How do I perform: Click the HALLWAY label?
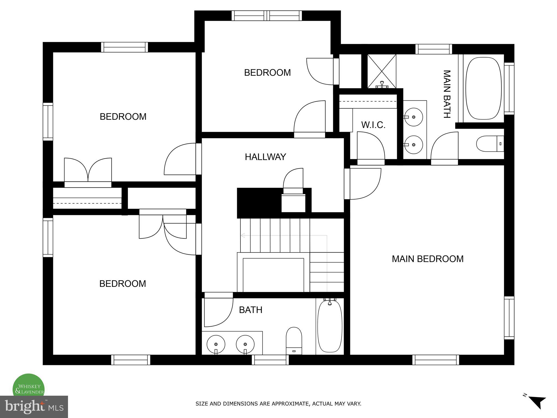pyautogui.click(x=265, y=157)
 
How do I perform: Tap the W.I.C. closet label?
pyautogui.click(x=373, y=125)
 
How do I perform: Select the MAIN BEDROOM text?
pyautogui.click(x=427, y=259)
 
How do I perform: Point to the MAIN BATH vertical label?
pyautogui.click(x=447, y=94)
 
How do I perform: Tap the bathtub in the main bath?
pyautogui.click(x=483, y=88)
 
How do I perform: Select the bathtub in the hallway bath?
pyautogui.click(x=330, y=326)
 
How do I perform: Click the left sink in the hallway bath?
pyautogui.click(x=216, y=344)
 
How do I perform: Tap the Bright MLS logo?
pyautogui.click(x=34, y=407)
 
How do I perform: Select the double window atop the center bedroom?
pyautogui.click(x=267, y=16)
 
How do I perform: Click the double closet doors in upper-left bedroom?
pyautogui.click(x=88, y=170)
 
